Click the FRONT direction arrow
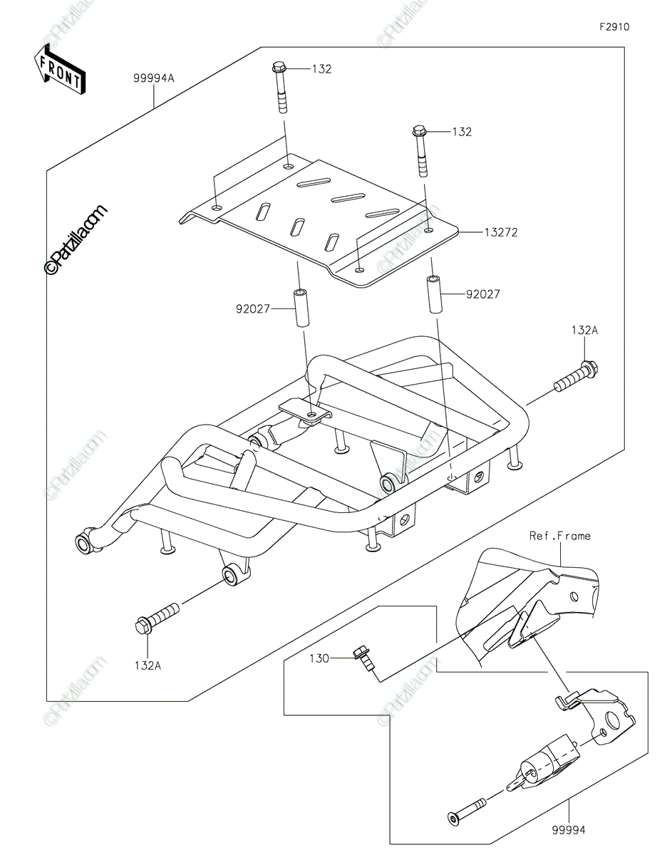tap(59, 70)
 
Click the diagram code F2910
tap(614, 27)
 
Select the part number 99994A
tap(153, 78)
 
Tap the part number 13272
tap(501, 232)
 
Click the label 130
tap(319, 658)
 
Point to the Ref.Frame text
tap(559, 536)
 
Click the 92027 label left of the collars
tap(253, 309)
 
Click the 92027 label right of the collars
tap(483, 294)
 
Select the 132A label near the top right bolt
tap(584, 331)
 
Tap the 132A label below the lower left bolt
tap(148, 665)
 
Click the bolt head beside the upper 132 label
tap(279, 68)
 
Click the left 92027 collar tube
tap(301, 308)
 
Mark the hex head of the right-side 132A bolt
tap(589, 368)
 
